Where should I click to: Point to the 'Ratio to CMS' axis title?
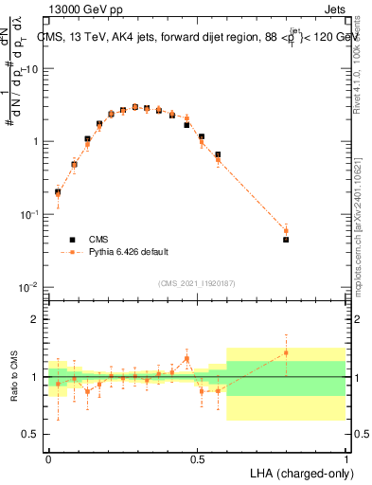13,377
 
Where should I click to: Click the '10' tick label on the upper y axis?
30,69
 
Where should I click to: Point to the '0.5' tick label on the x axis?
197,458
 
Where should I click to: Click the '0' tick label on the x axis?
48,458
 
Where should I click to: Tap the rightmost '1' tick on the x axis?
345,458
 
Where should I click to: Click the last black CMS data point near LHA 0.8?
286,240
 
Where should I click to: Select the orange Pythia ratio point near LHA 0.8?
286,353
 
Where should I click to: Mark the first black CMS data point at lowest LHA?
58,192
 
